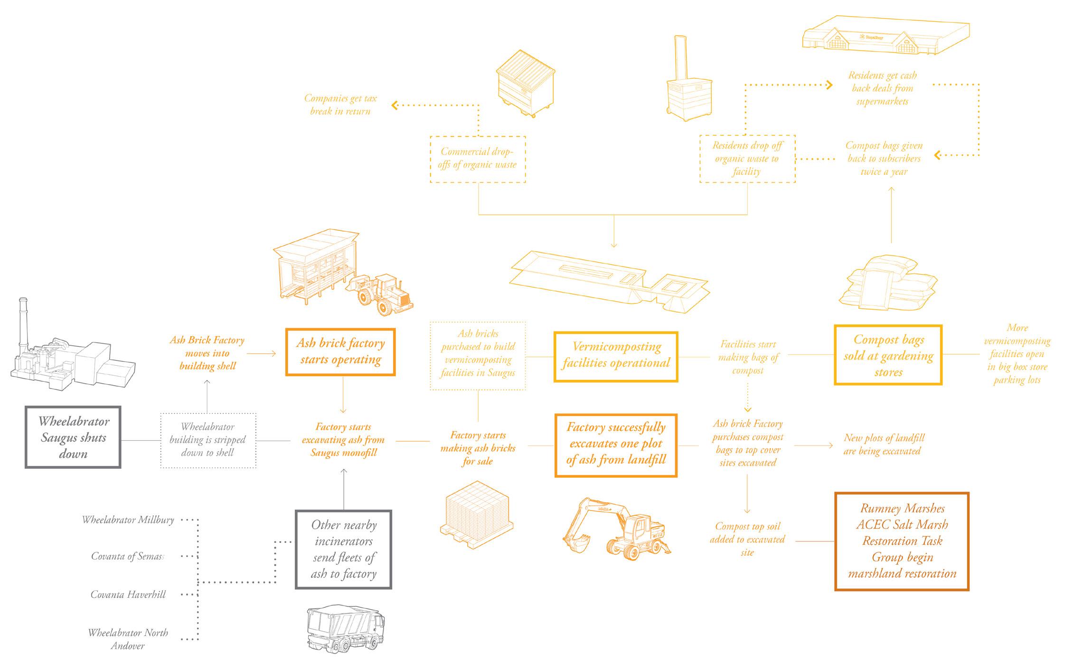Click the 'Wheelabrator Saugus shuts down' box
point(73,437)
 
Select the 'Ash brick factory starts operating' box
point(340,352)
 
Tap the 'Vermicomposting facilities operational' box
point(616,356)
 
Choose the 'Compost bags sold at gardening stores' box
point(888,355)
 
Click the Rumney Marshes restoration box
point(902,541)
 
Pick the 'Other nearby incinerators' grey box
point(343,549)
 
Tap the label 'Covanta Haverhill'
point(128,595)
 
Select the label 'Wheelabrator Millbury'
point(128,520)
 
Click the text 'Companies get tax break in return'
point(340,104)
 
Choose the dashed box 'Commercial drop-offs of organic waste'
point(478,159)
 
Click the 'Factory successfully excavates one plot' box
point(616,445)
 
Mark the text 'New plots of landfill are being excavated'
point(884,445)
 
